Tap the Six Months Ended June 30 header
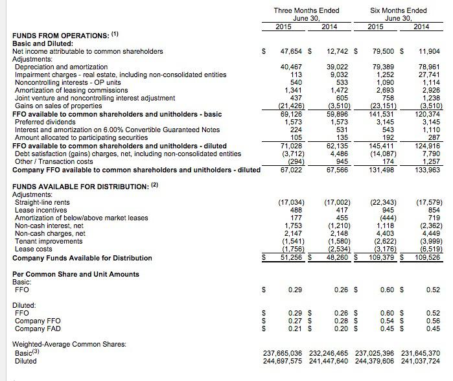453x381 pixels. (398, 14)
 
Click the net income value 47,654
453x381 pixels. (290, 51)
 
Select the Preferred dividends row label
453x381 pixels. (42, 122)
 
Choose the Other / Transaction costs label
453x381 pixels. (53, 161)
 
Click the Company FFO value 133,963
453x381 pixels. (428, 169)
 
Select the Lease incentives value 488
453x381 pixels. (296, 210)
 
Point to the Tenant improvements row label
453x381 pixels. (45, 242)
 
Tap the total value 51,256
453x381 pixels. (290, 258)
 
